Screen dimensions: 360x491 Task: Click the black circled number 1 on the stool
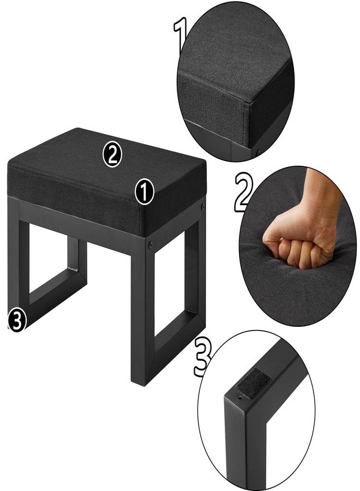(145, 191)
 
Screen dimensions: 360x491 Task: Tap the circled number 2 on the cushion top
(112, 154)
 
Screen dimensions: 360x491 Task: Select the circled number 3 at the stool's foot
(16, 320)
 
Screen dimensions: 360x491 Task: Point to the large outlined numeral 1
(181, 34)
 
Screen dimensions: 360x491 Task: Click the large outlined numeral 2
(244, 193)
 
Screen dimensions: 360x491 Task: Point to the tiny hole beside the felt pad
(240, 398)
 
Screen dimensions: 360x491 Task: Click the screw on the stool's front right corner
(151, 244)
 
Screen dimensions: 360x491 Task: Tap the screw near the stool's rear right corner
(202, 206)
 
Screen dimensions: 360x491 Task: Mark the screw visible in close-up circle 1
(258, 153)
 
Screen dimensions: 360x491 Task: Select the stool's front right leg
(142, 313)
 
